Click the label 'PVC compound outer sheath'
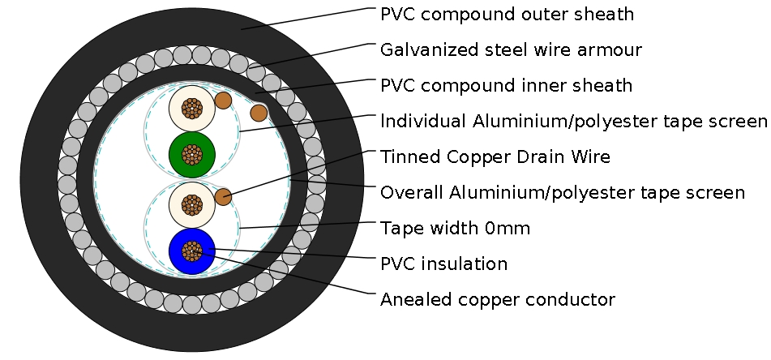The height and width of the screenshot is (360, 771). click(507, 15)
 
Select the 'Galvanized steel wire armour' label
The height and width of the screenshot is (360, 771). click(511, 50)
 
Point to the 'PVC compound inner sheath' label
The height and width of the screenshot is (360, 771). click(506, 86)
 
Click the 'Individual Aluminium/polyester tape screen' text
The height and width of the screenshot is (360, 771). click(573, 122)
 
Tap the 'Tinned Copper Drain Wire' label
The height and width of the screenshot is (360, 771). click(495, 157)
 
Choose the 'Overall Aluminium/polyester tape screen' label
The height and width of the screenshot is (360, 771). click(562, 193)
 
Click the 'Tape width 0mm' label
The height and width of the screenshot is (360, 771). click(455, 229)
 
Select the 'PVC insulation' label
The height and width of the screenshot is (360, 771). click(443, 264)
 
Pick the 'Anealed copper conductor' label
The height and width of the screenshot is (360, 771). click(497, 300)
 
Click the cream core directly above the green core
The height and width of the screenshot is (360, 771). click(191, 107)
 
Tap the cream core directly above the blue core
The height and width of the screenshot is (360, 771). click(191, 204)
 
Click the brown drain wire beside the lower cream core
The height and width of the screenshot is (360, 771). click(223, 196)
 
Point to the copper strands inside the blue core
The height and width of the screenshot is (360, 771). click(191, 251)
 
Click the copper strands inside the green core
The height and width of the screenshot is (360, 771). click(191, 153)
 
